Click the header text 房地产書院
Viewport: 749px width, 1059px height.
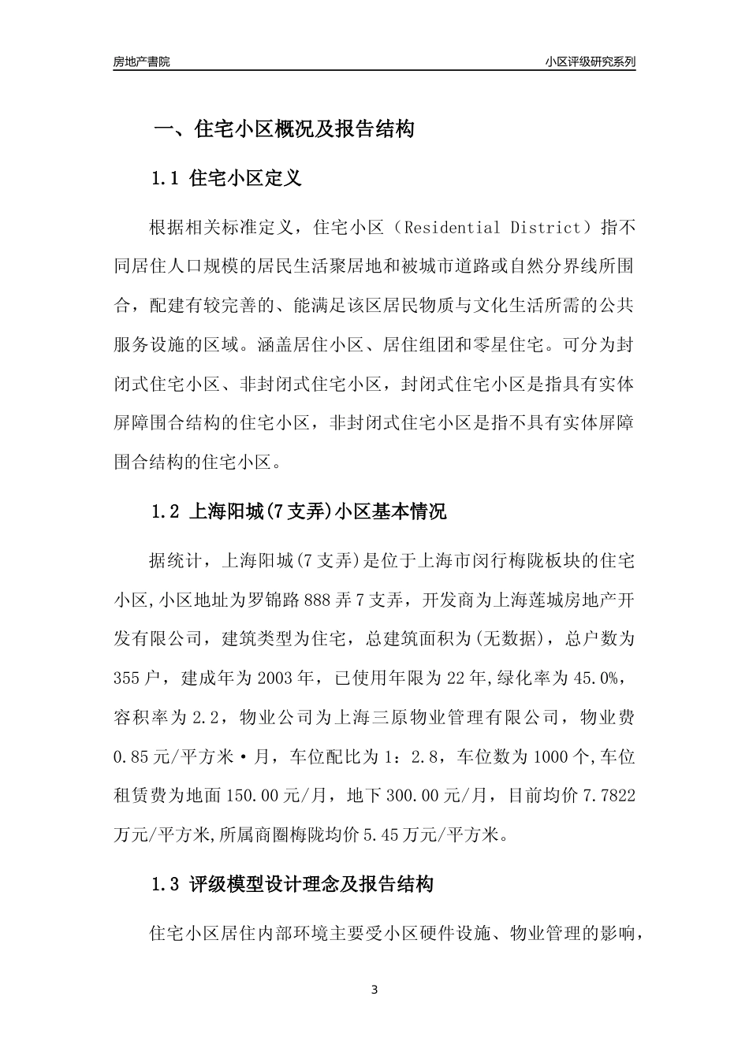coord(141,61)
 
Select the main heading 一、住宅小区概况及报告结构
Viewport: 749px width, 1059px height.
coord(284,130)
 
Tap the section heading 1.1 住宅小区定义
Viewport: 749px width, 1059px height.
coord(226,179)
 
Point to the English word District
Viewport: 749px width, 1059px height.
coord(545,229)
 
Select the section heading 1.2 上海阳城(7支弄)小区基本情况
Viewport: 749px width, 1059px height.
coord(299,512)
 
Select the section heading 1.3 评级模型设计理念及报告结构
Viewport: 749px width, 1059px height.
coord(293,884)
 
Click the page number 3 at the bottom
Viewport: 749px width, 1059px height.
coord(374,990)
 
